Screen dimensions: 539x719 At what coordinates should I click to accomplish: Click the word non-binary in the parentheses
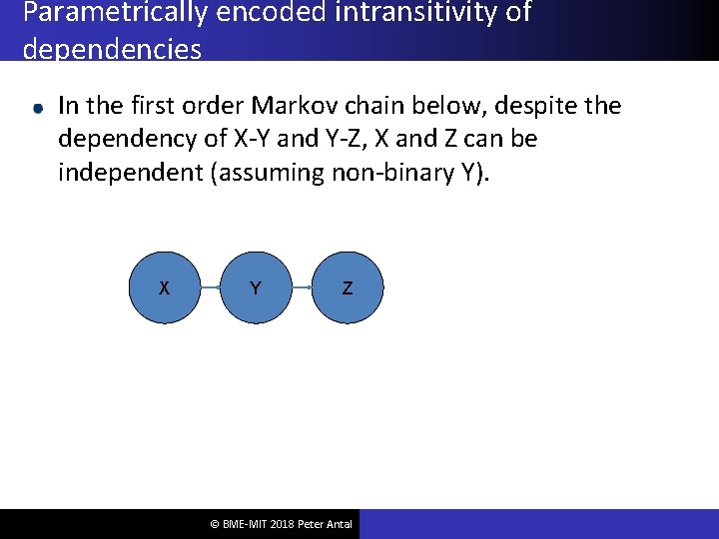point(393,173)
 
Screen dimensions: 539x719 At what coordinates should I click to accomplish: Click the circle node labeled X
point(164,288)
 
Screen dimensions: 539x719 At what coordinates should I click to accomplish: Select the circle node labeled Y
point(256,288)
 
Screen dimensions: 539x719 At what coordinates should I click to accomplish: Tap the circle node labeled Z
point(348,288)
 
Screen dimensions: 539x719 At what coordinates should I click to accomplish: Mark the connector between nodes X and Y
point(210,288)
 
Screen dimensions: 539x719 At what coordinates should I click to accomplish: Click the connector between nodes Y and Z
point(302,288)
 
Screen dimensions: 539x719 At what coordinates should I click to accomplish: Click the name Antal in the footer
point(337,524)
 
